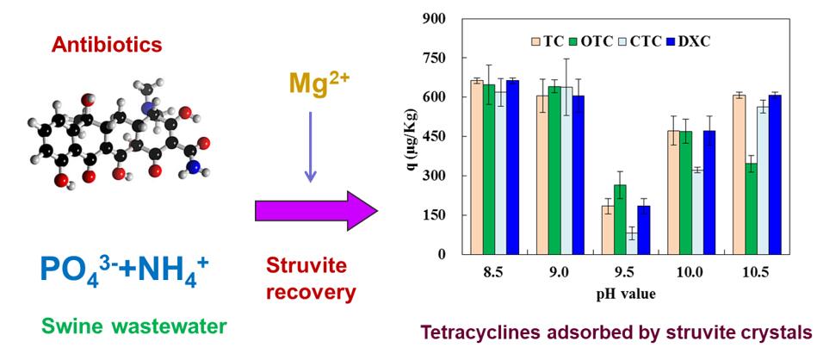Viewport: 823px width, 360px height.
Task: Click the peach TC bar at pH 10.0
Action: tap(674, 192)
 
